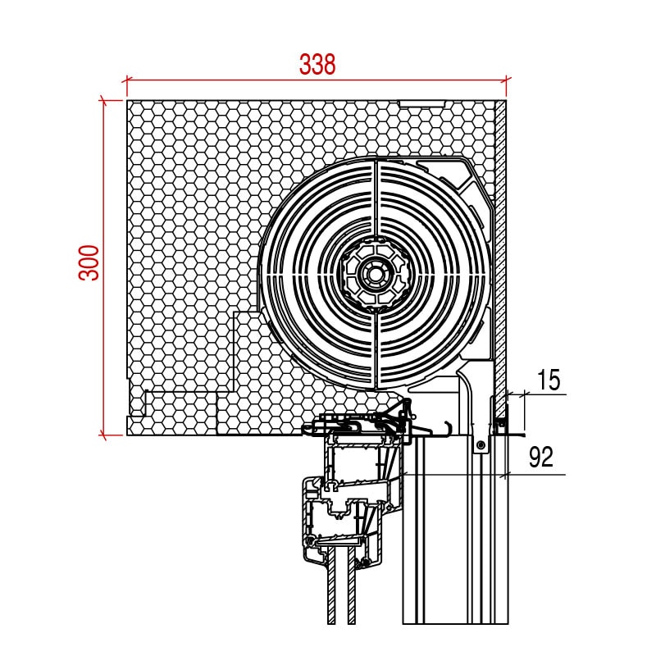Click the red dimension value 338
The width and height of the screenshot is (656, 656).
pyautogui.click(x=317, y=65)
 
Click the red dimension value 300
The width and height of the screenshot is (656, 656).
pyautogui.click(x=89, y=262)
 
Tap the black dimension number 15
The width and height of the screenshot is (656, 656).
pyautogui.click(x=548, y=380)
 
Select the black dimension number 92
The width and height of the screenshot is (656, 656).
pyautogui.click(x=541, y=457)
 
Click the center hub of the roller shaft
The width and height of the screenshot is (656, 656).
pyautogui.click(x=375, y=275)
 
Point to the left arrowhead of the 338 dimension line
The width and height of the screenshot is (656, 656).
pyautogui.click(x=127, y=80)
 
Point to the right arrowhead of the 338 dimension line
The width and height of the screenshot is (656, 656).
pyautogui.click(x=506, y=80)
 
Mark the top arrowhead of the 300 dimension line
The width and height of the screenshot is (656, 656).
pyautogui.click(x=104, y=101)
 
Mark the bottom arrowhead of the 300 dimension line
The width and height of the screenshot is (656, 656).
pyautogui.click(x=104, y=435)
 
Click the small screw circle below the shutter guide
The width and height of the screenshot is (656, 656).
pyautogui.click(x=481, y=444)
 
